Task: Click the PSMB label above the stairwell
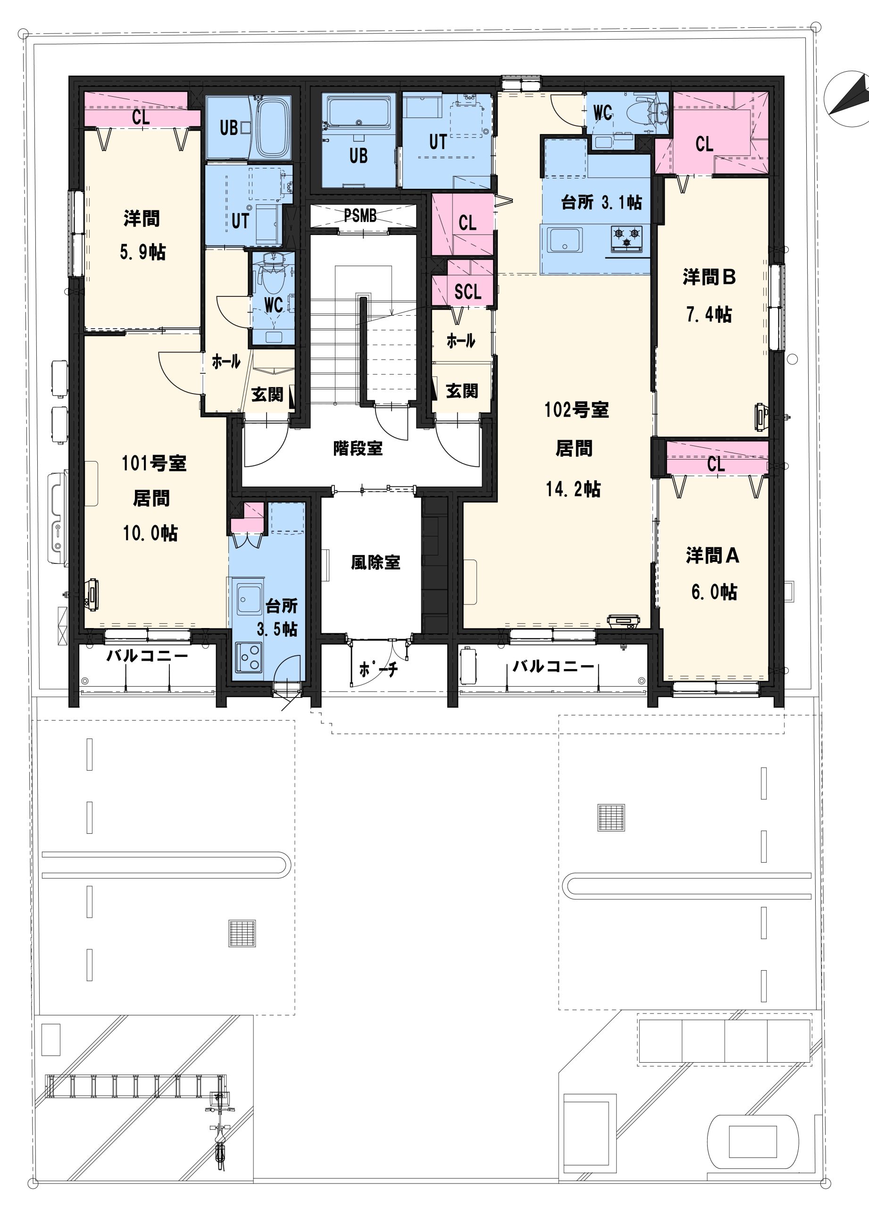pyautogui.click(x=360, y=216)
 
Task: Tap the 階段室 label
pyautogui.click(x=358, y=448)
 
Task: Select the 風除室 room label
pyautogui.click(x=376, y=562)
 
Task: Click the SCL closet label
pyautogui.click(x=468, y=291)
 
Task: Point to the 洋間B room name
pyautogui.click(x=709, y=277)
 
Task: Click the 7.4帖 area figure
pyautogui.click(x=709, y=315)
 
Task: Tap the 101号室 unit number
pyautogui.click(x=154, y=463)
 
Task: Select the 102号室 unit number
pyautogui.click(x=576, y=410)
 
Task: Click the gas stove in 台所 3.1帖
pyautogui.click(x=627, y=237)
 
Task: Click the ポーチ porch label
pyautogui.click(x=378, y=669)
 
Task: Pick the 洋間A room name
pyautogui.click(x=712, y=556)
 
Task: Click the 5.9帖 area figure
pyautogui.click(x=142, y=252)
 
